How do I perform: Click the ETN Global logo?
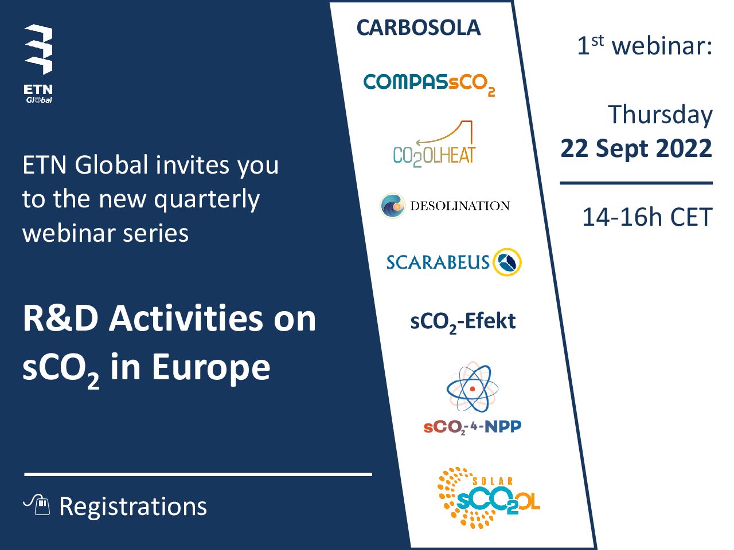(x=38, y=64)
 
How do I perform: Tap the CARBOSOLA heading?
(x=419, y=27)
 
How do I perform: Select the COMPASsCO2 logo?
(x=429, y=85)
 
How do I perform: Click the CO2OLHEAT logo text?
(x=434, y=156)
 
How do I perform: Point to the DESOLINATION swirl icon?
(x=393, y=205)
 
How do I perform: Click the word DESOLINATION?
(x=460, y=206)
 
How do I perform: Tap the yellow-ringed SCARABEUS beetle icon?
(x=507, y=262)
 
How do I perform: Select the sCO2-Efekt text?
(x=463, y=322)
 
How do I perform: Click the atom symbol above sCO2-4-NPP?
(x=472, y=388)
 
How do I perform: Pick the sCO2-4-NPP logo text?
(x=472, y=427)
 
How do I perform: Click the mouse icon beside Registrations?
(x=37, y=505)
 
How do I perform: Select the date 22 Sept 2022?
(x=636, y=148)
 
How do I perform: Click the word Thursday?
(x=660, y=115)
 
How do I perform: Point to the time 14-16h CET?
(x=647, y=217)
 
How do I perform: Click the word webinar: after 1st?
(x=662, y=46)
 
